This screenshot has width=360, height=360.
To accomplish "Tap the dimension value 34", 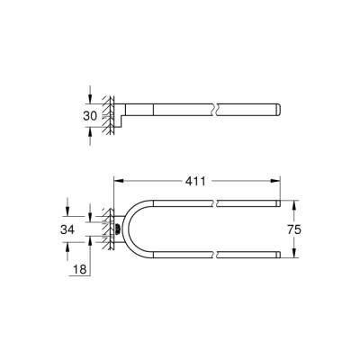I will pyautogui.click(x=68, y=229).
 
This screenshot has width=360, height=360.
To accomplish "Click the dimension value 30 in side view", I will pyautogui.click(x=90, y=115).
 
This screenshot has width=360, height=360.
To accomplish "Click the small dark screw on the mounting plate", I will pyautogui.click(x=116, y=229).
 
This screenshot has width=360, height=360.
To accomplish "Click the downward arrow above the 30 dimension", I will pyautogui.click(x=92, y=100).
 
